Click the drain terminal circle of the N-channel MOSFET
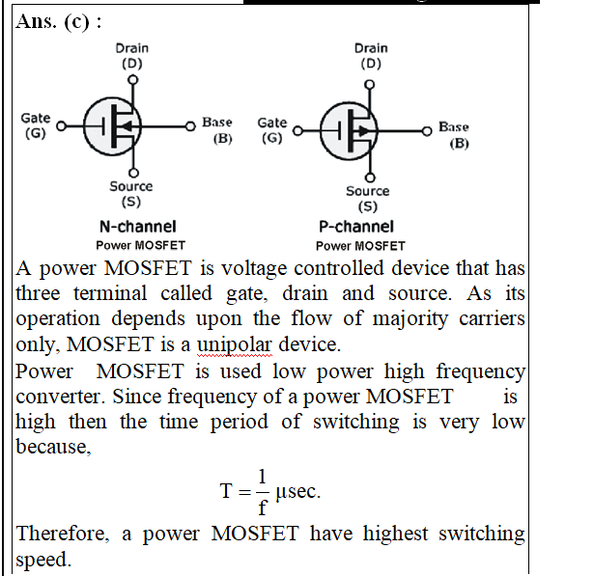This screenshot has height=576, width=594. tap(132, 80)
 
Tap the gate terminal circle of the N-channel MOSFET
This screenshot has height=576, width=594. tap(62, 126)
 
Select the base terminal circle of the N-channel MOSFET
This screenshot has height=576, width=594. tap(190, 126)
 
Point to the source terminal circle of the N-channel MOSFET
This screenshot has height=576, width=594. tap(133, 173)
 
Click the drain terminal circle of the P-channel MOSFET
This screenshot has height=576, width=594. tap(370, 84)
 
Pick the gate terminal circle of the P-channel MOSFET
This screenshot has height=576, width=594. tap(298, 131)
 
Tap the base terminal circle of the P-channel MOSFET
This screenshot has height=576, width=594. tap(427, 131)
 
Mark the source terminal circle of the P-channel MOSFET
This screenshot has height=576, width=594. tap(370, 178)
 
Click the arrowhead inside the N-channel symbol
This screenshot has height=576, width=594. tap(127, 126)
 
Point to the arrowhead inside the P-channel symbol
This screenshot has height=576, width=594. tap(364, 131)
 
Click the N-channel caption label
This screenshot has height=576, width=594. tap(138, 227)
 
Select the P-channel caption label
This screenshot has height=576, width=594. tap(356, 227)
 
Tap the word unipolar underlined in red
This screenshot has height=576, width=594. tap(234, 344)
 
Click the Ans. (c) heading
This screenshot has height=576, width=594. tap(59, 21)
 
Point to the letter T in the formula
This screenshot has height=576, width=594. tap(226, 491)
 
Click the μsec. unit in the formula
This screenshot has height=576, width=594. tap(298, 492)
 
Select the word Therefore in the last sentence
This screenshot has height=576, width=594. tap(63, 534)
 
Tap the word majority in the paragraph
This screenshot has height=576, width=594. tap(410, 319)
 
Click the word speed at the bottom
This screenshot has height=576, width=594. tap(43, 561)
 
